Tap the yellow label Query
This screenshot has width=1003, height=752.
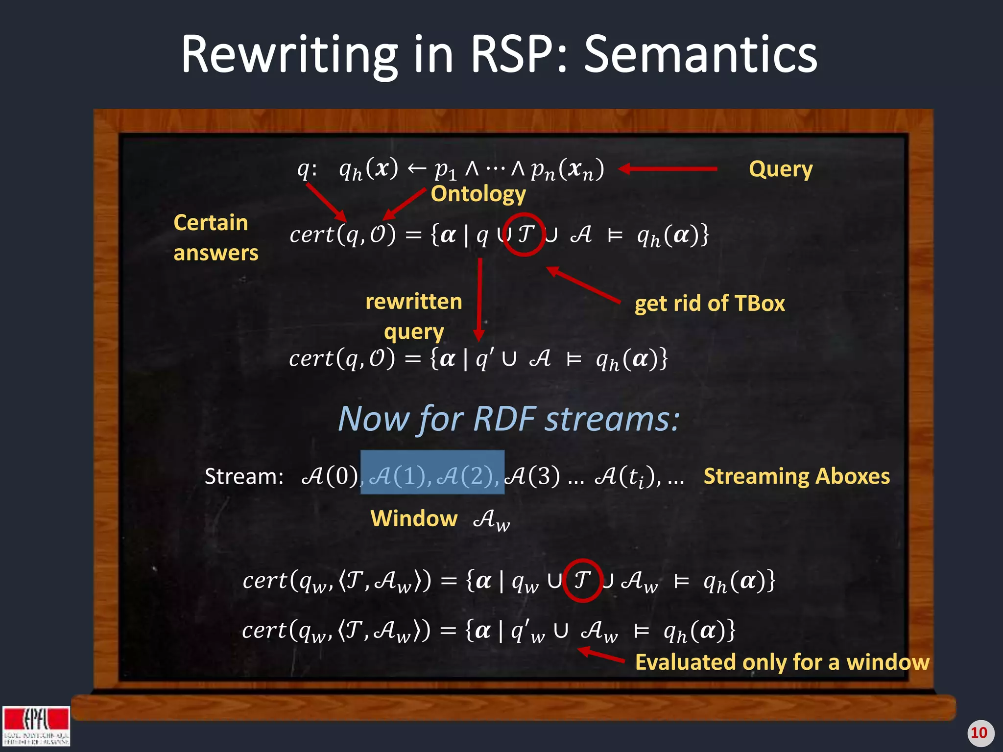pyautogui.click(x=780, y=169)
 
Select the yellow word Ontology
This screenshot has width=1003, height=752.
pyautogui.click(x=478, y=194)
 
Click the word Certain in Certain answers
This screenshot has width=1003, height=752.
pyautogui.click(x=211, y=223)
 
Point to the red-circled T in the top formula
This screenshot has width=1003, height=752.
pyautogui.click(x=525, y=234)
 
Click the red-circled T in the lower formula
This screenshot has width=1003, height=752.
pyautogui.click(x=582, y=580)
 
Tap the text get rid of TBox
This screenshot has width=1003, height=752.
pyautogui.click(x=709, y=304)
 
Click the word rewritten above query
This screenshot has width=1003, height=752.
pyautogui.click(x=413, y=302)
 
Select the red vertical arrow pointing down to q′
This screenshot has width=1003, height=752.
pyautogui.click(x=479, y=299)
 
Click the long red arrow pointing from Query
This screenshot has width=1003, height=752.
pyautogui.click(x=668, y=169)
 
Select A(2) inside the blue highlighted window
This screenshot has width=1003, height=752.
pyautogui.click(x=464, y=476)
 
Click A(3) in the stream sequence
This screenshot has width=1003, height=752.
pyautogui.click(x=532, y=476)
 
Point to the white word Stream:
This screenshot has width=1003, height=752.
pyautogui.click(x=244, y=476)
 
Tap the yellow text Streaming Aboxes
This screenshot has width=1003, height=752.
pyautogui.click(x=796, y=476)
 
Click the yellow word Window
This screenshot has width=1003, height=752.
pyautogui.click(x=413, y=518)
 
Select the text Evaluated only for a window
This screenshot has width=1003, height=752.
pyautogui.click(x=782, y=662)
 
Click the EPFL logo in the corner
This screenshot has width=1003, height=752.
pyautogui.click(x=36, y=726)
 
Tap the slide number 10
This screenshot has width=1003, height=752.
pyautogui.click(x=979, y=733)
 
